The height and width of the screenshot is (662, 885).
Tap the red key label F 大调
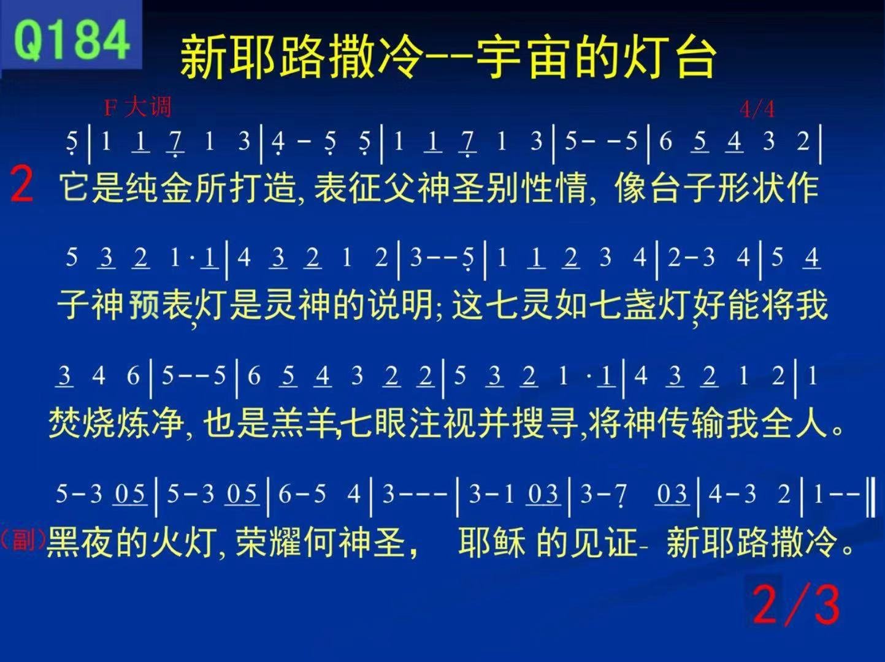tap(137, 108)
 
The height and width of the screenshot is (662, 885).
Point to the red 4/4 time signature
tap(757, 109)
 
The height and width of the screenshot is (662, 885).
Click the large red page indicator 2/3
tap(796, 605)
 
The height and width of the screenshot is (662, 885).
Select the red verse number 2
tap(21, 185)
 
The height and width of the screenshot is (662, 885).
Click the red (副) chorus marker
tap(23, 540)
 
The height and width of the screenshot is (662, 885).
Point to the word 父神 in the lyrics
tap(416, 188)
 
